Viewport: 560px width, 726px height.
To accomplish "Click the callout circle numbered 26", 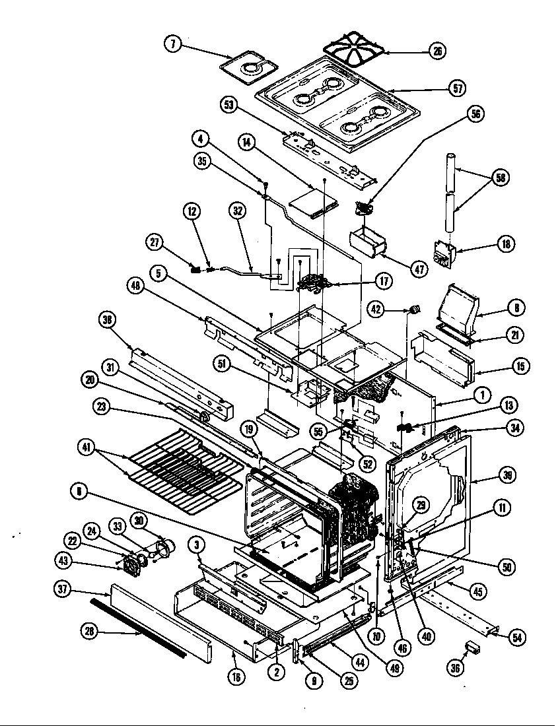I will click(437, 51).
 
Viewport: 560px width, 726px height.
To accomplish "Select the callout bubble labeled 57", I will click(456, 88).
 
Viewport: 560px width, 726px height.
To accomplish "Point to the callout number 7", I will click(172, 44).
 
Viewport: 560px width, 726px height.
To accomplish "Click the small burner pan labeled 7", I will click(252, 67).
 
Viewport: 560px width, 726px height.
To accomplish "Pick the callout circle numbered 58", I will click(501, 178).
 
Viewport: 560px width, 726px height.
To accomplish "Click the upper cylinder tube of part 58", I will click(450, 172).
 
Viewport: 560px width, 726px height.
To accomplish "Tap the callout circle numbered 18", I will click(507, 244).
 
